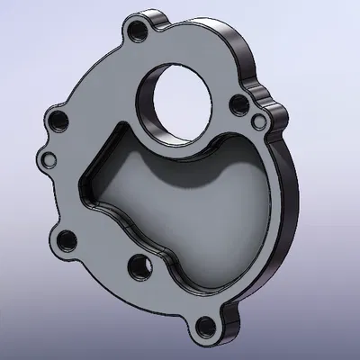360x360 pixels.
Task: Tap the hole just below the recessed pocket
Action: (138, 265)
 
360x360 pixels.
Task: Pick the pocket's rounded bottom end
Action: (198, 286)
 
